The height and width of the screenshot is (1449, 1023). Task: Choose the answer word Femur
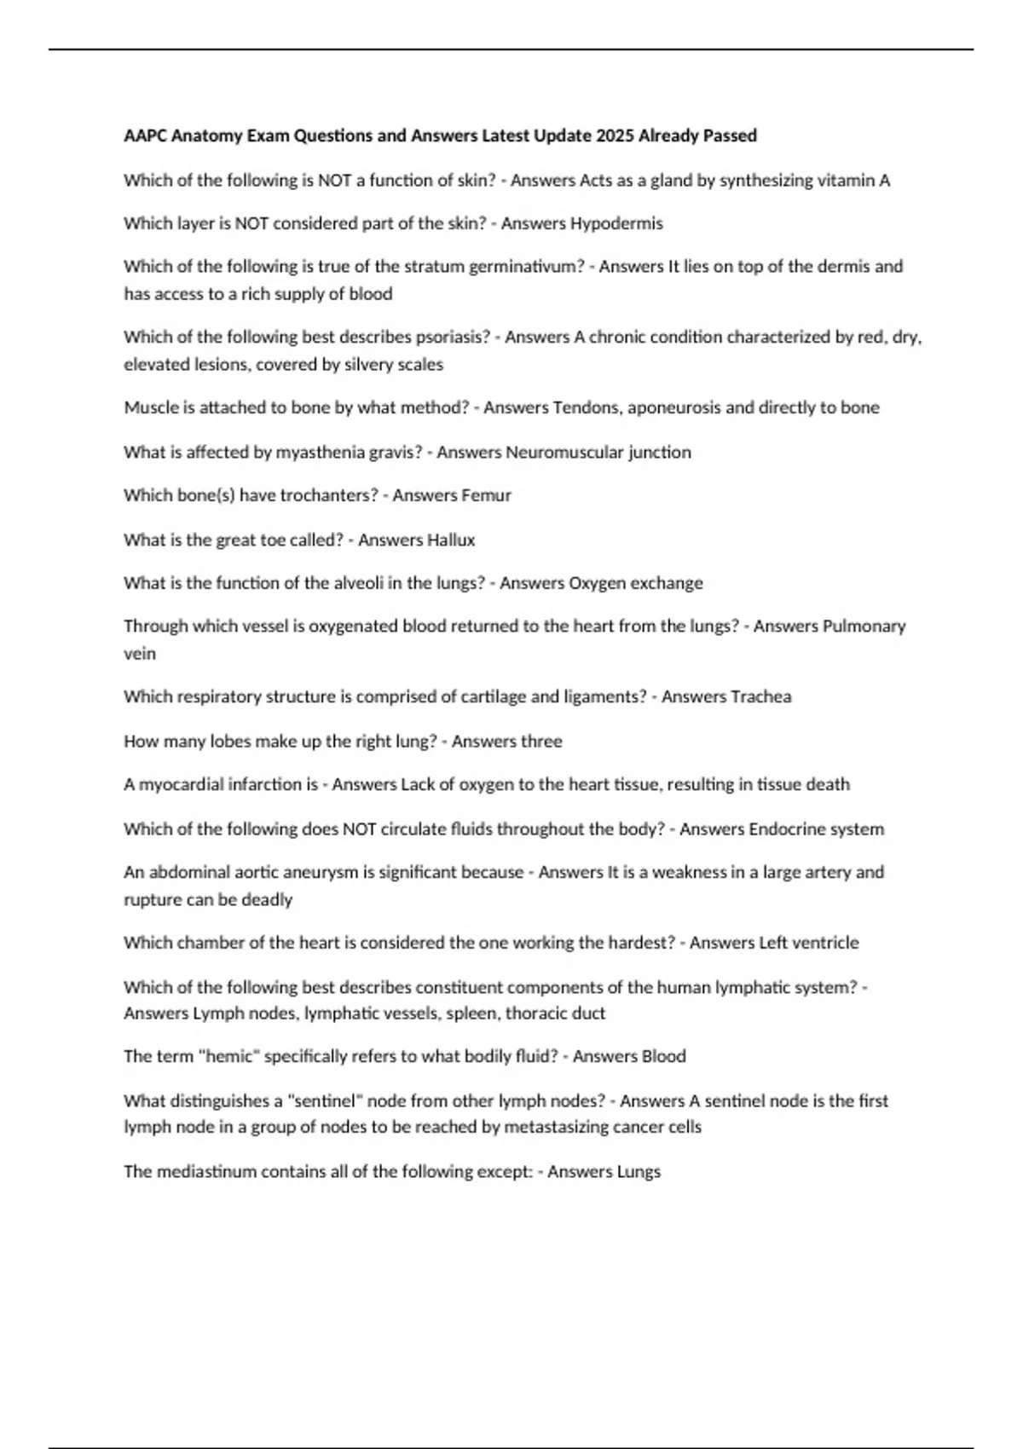(x=485, y=495)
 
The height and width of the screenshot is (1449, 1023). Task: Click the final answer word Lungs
(x=639, y=1171)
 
